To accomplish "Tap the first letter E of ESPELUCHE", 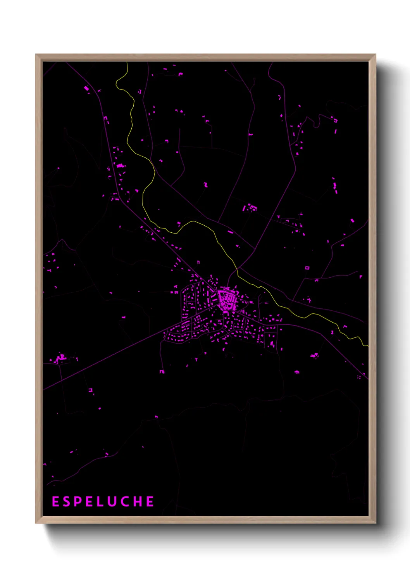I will tap(55, 502).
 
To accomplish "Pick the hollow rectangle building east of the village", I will tap(307, 268).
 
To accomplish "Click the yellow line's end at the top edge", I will tap(127, 63).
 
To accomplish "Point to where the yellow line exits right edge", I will tap(367, 346).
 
